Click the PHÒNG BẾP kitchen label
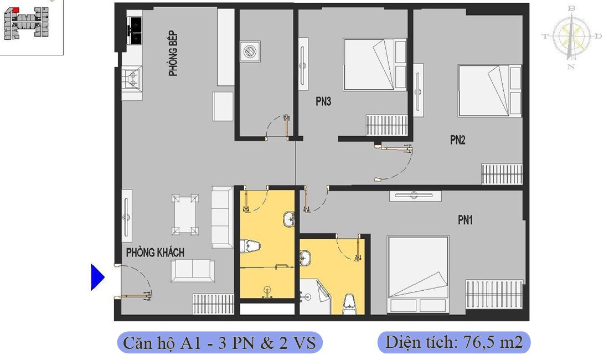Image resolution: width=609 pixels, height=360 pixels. [173, 53]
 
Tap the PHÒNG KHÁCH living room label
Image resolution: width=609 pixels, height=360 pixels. [155, 253]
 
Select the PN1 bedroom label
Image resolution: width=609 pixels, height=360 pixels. [465, 220]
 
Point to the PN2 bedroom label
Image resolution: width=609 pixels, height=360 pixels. [457, 140]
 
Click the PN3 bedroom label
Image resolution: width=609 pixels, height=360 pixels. [323, 102]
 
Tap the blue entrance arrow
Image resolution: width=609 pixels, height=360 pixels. [97, 277]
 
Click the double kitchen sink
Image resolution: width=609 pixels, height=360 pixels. [135, 30]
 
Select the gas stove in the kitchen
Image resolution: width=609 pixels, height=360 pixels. [132, 78]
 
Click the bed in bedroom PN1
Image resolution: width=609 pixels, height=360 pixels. [418, 274]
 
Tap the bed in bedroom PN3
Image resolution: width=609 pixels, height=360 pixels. [375, 64]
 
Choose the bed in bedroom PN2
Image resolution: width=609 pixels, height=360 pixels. [490, 91]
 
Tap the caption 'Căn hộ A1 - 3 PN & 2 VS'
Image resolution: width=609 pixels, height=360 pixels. [219, 343]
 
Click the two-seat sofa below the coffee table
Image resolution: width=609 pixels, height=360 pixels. [193, 271]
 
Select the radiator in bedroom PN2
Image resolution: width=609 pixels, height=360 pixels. [502, 174]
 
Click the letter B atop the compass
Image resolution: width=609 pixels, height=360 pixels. [571, 8]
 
